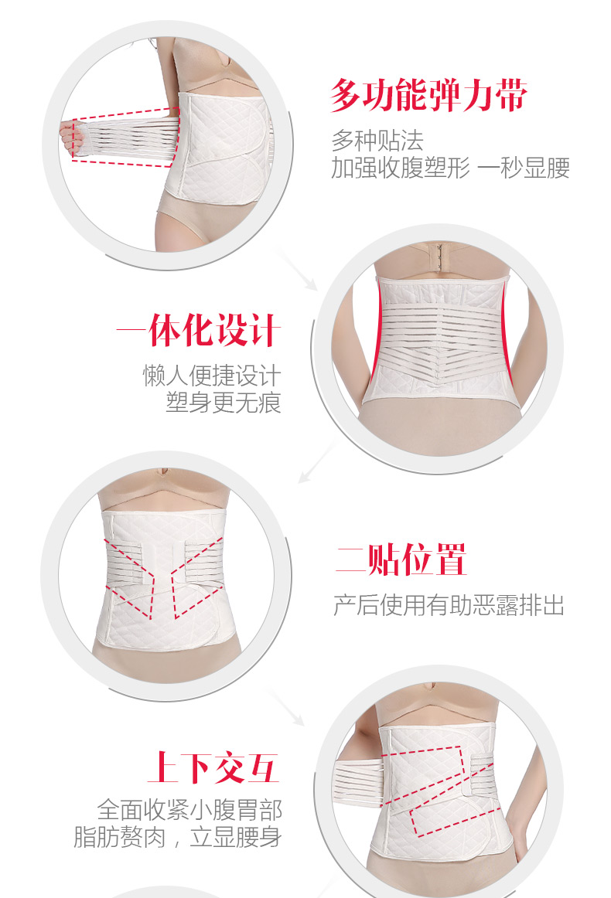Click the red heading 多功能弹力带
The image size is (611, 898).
pyautogui.click(x=428, y=95)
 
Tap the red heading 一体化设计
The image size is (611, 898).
pyautogui.click(x=199, y=330)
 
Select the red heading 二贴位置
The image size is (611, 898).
pyautogui.click(x=401, y=560)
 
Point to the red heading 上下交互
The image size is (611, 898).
pyautogui.click(x=213, y=767)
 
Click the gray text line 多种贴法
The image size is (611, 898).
pyautogui.click(x=377, y=141)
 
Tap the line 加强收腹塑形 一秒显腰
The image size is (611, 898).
pyautogui.click(x=450, y=168)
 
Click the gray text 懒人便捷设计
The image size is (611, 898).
pyautogui.click(x=212, y=376)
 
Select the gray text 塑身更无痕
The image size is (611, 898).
pyautogui.click(x=224, y=403)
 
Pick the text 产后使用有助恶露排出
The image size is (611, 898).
pyautogui.click(x=449, y=605)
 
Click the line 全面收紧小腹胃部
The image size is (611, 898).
pyautogui.click(x=189, y=810)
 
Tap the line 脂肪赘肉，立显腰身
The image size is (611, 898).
pyautogui.click(x=178, y=837)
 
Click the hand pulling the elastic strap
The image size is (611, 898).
pyautogui.click(x=72, y=138)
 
